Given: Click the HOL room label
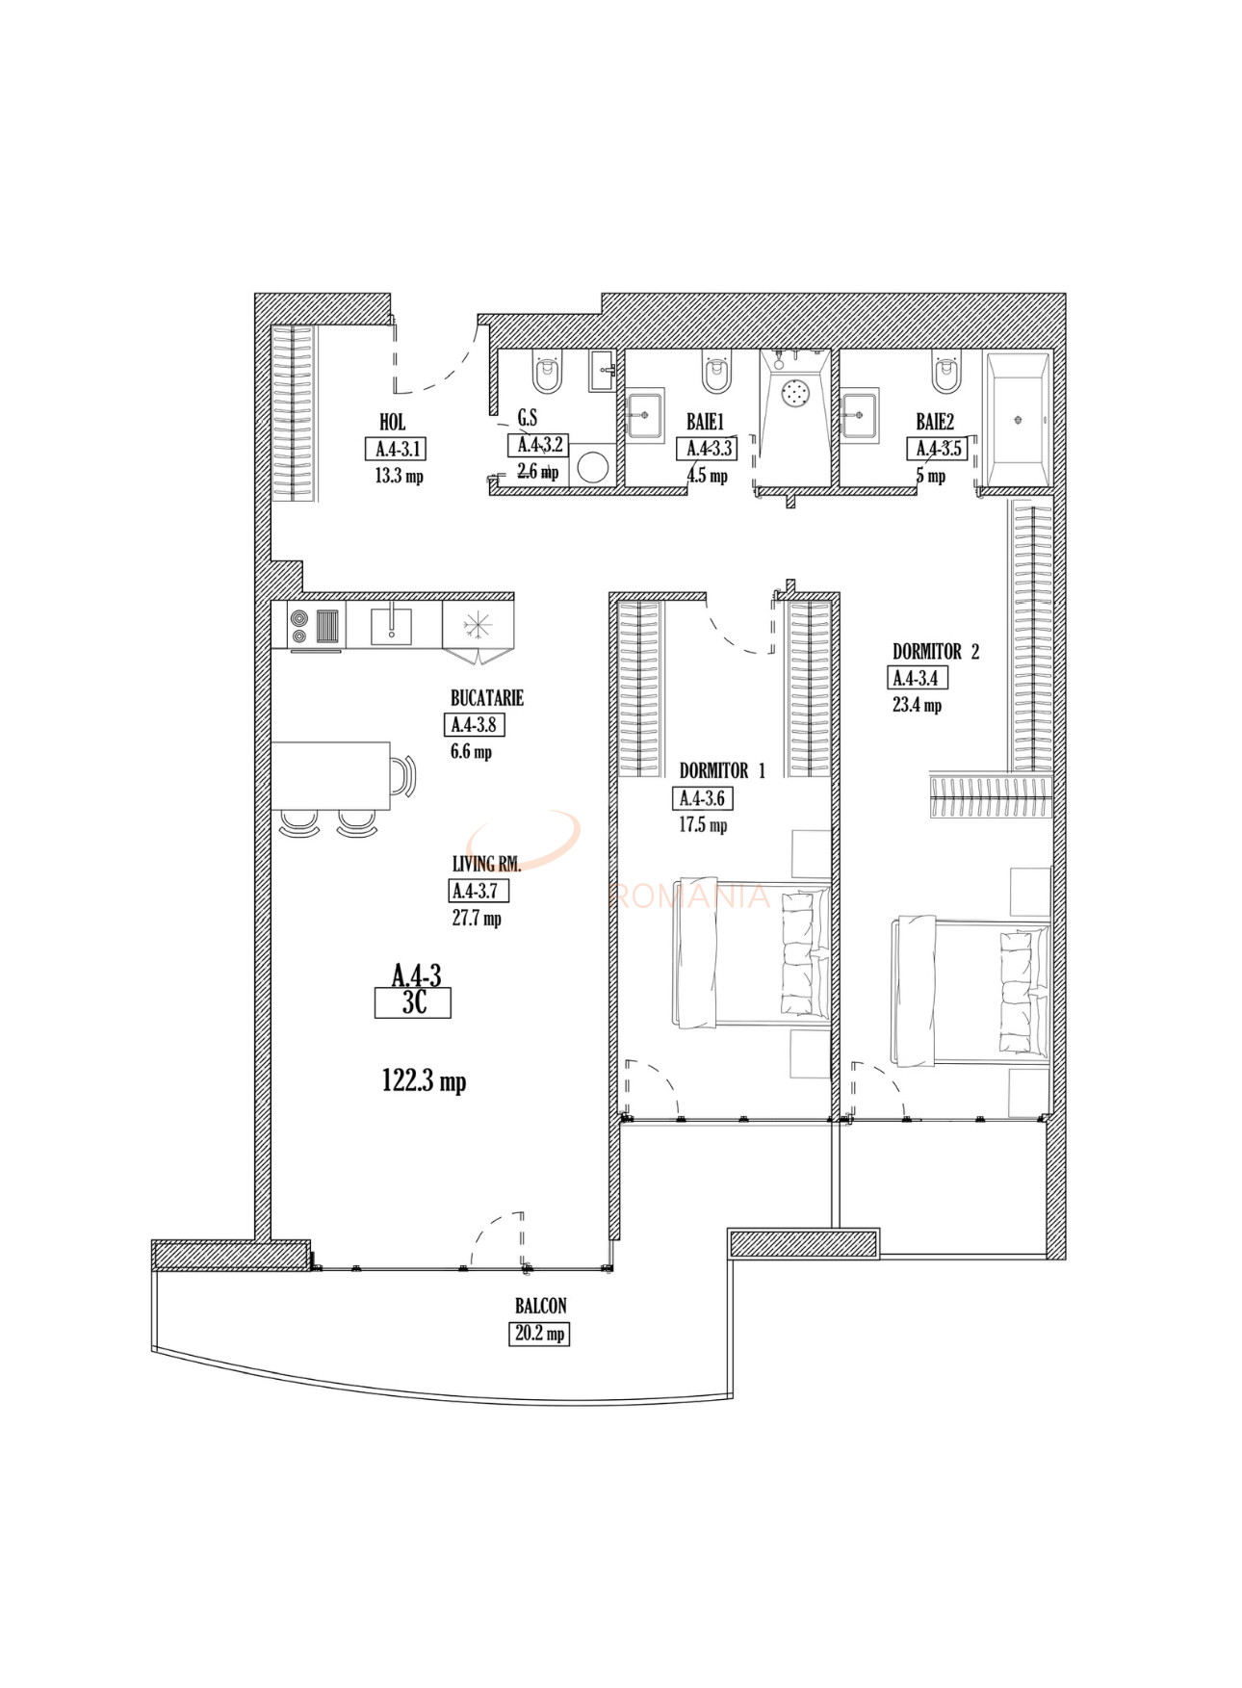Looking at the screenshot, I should pyautogui.click(x=392, y=422).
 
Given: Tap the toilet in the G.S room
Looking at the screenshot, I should pyautogui.click(x=547, y=374).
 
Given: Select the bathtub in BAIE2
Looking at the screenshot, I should pyautogui.click(x=1018, y=420).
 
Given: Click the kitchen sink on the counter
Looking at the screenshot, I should pyautogui.click(x=392, y=626).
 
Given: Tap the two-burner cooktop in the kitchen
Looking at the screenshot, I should pyautogui.click(x=298, y=626).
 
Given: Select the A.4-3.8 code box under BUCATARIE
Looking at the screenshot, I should pyautogui.click(x=474, y=725).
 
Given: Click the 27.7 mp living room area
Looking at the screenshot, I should pyautogui.click(x=477, y=919).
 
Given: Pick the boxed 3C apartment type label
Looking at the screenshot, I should pyautogui.click(x=413, y=1003).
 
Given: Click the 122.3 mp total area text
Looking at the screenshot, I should pyautogui.click(x=424, y=1081).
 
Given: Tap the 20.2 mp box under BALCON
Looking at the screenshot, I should pyautogui.click(x=539, y=1334).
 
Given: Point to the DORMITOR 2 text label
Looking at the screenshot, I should pyautogui.click(x=935, y=652).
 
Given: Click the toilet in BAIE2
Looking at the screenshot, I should pyautogui.click(x=945, y=374).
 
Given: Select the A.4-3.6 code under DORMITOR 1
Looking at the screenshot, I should pyautogui.click(x=702, y=798).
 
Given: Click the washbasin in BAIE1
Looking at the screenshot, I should pyautogui.click(x=645, y=416).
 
